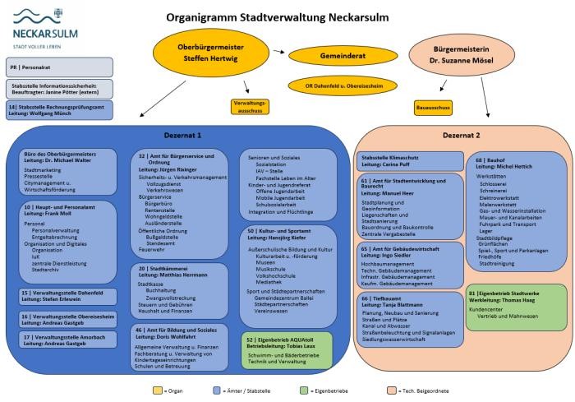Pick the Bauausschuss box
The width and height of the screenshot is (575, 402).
tap(432, 107)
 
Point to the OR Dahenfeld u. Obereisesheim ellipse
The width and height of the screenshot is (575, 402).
tap(334, 85)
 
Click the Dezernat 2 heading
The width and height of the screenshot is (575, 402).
tap(461, 134)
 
